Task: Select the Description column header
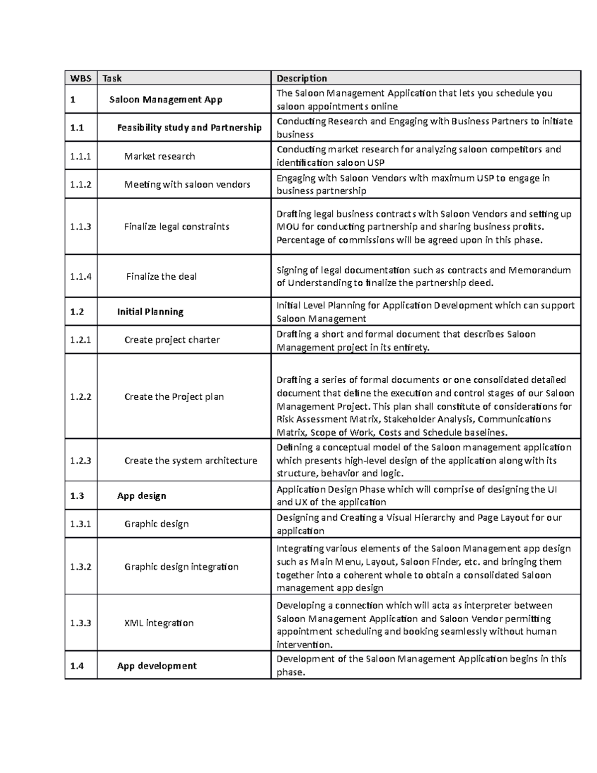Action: tap(301, 78)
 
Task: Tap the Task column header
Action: tap(112, 78)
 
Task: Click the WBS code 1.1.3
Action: tap(81, 226)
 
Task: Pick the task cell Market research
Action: tap(159, 156)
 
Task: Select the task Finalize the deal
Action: tap(161, 276)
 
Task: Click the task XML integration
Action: tap(159, 623)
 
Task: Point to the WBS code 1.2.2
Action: tap(81, 397)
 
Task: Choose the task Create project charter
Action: tap(172, 339)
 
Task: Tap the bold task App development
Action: tap(157, 665)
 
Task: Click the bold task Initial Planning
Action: tap(150, 312)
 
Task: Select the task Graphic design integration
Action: tap(181, 566)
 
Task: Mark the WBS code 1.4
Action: tap(77, 665)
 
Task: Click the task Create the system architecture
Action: tap(191, 460)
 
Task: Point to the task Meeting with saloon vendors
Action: tap(187, 184)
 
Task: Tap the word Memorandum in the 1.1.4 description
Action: tap(539, 270)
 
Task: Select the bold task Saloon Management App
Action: tap(166, 100)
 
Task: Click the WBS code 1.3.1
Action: tap(81, 524)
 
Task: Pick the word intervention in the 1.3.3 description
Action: tap(303, 645)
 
